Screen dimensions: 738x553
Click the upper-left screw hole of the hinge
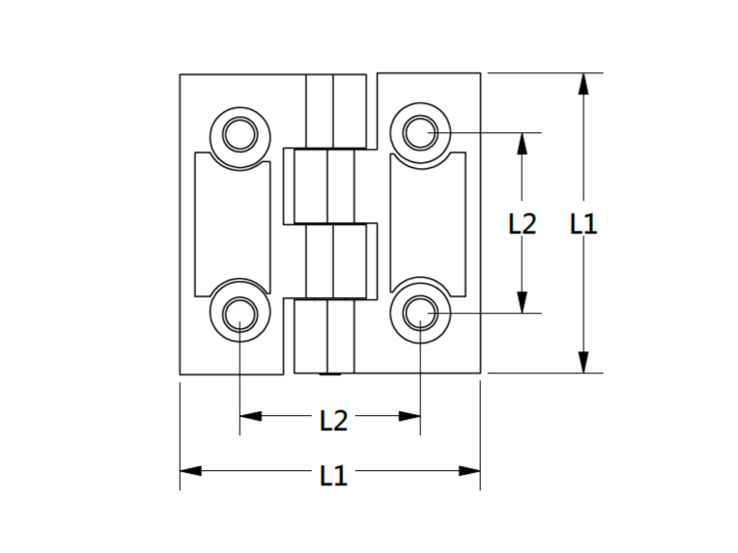pyautogui.click(x=240, y=134)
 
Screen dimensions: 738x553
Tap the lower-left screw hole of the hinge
pyautogui.click(x=240, y=314)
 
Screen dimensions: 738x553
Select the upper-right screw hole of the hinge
pyautogui.click(x=420, y=133)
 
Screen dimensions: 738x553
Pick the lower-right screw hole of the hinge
pyautogui.click(x=420, y=313)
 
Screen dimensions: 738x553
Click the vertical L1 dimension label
pyautogui.click(x=583, y=223)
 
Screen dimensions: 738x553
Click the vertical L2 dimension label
pyautogui.click(x=523, y=223)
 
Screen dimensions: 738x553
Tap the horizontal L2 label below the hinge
pyautogui.click(x=333, y=421)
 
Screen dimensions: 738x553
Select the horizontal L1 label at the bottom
pyautogui.click(x=333, y=475)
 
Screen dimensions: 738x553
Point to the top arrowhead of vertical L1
pyautogui.click(x=583, y=84)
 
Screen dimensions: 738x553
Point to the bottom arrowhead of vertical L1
pyautogui.click(x=583, y=362)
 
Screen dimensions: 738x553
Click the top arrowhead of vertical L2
pyautogui.click(x=522, y=144)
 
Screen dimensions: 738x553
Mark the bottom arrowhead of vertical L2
pyautogui.click(x=522, y=302)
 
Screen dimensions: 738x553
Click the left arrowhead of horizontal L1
pyautogui.click(x=190, y=471)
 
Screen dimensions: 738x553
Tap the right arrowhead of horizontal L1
pyautogui.click(x=469, y=471)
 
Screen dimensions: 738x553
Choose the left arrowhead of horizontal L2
pyautogui.click(x=251, y=416)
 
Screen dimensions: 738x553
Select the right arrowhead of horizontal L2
pyautogui.click(x=410, y=416)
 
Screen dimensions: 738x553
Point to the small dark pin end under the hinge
pyautogui.click(x=330, y=374)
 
